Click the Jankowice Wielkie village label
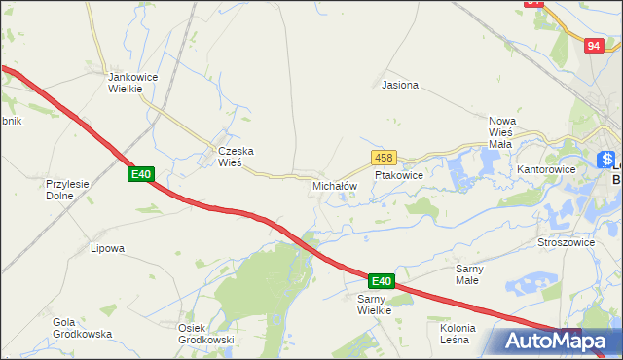click(x=126, y=82)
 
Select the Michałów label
click(x=335, y=185)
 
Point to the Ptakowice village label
click(x=399, y=176)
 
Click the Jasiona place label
click(x=400, y=85)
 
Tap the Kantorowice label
click(x=546, y=169)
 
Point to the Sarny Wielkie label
click(x=374, y=305)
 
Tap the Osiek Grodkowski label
click(x=205, y=334)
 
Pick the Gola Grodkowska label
click(x=83, y=328)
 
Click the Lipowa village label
click(x=107, y=248)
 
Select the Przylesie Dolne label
click(x=67, y=189)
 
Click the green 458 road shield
click(x=383, y=157)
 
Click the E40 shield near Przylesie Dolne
click(x=141, y=174)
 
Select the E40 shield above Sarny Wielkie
click(x=381, y=281)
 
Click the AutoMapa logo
click(x=551, y=340)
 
